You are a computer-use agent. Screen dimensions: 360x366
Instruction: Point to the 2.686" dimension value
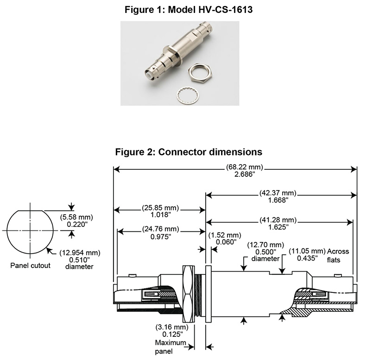235,176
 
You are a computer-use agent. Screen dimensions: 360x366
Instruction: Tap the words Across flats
338,255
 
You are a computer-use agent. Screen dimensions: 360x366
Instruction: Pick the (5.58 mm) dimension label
76,216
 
